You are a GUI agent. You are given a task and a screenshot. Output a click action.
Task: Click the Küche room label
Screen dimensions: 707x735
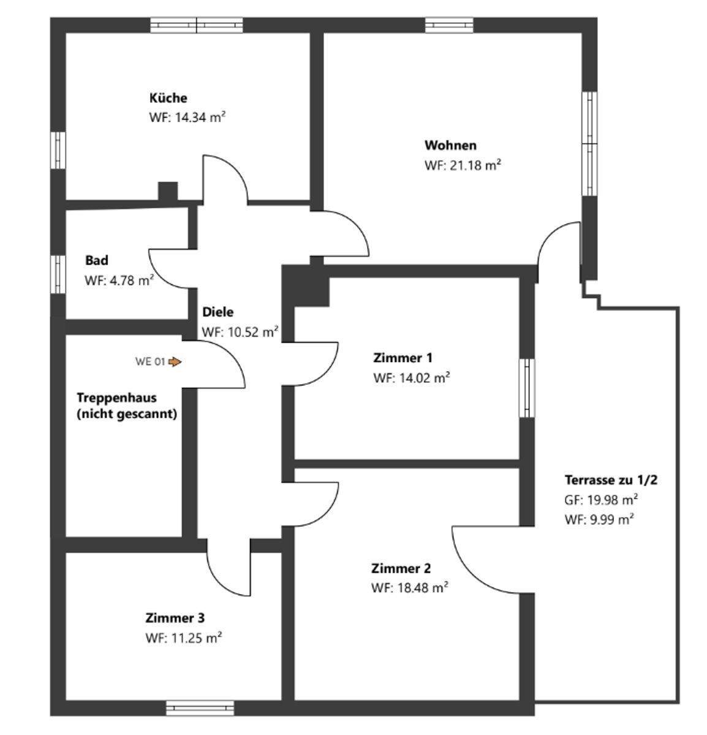coord(168,98)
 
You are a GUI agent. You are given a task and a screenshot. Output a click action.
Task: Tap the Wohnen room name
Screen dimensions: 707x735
coord(450,146)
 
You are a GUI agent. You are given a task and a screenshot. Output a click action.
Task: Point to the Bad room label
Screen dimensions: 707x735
coord(97,260)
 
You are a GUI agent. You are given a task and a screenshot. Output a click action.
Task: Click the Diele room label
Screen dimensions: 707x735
coord(217,312)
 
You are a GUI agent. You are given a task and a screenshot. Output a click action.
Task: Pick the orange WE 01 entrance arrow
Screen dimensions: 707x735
coord(175,362)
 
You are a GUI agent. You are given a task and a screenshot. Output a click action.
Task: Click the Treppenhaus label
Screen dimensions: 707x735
coord(116,398)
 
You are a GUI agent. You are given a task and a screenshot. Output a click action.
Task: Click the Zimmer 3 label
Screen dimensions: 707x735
coord(175,617)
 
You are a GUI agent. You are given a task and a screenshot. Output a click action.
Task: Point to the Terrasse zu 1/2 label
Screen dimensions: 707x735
coord(610,480)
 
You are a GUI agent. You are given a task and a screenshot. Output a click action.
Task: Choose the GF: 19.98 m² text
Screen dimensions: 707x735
coord(601,500)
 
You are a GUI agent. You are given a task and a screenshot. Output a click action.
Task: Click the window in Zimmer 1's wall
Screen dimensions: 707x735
coord(526,388)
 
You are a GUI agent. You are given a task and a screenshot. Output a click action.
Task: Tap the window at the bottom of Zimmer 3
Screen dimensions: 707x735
coord(200,708)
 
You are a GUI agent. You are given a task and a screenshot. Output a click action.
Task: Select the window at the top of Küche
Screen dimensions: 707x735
coord(197,25)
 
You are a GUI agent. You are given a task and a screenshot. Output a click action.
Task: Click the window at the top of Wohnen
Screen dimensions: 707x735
coord(449,25)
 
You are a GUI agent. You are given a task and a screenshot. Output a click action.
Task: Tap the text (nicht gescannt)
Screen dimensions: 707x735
coord(127,414)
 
